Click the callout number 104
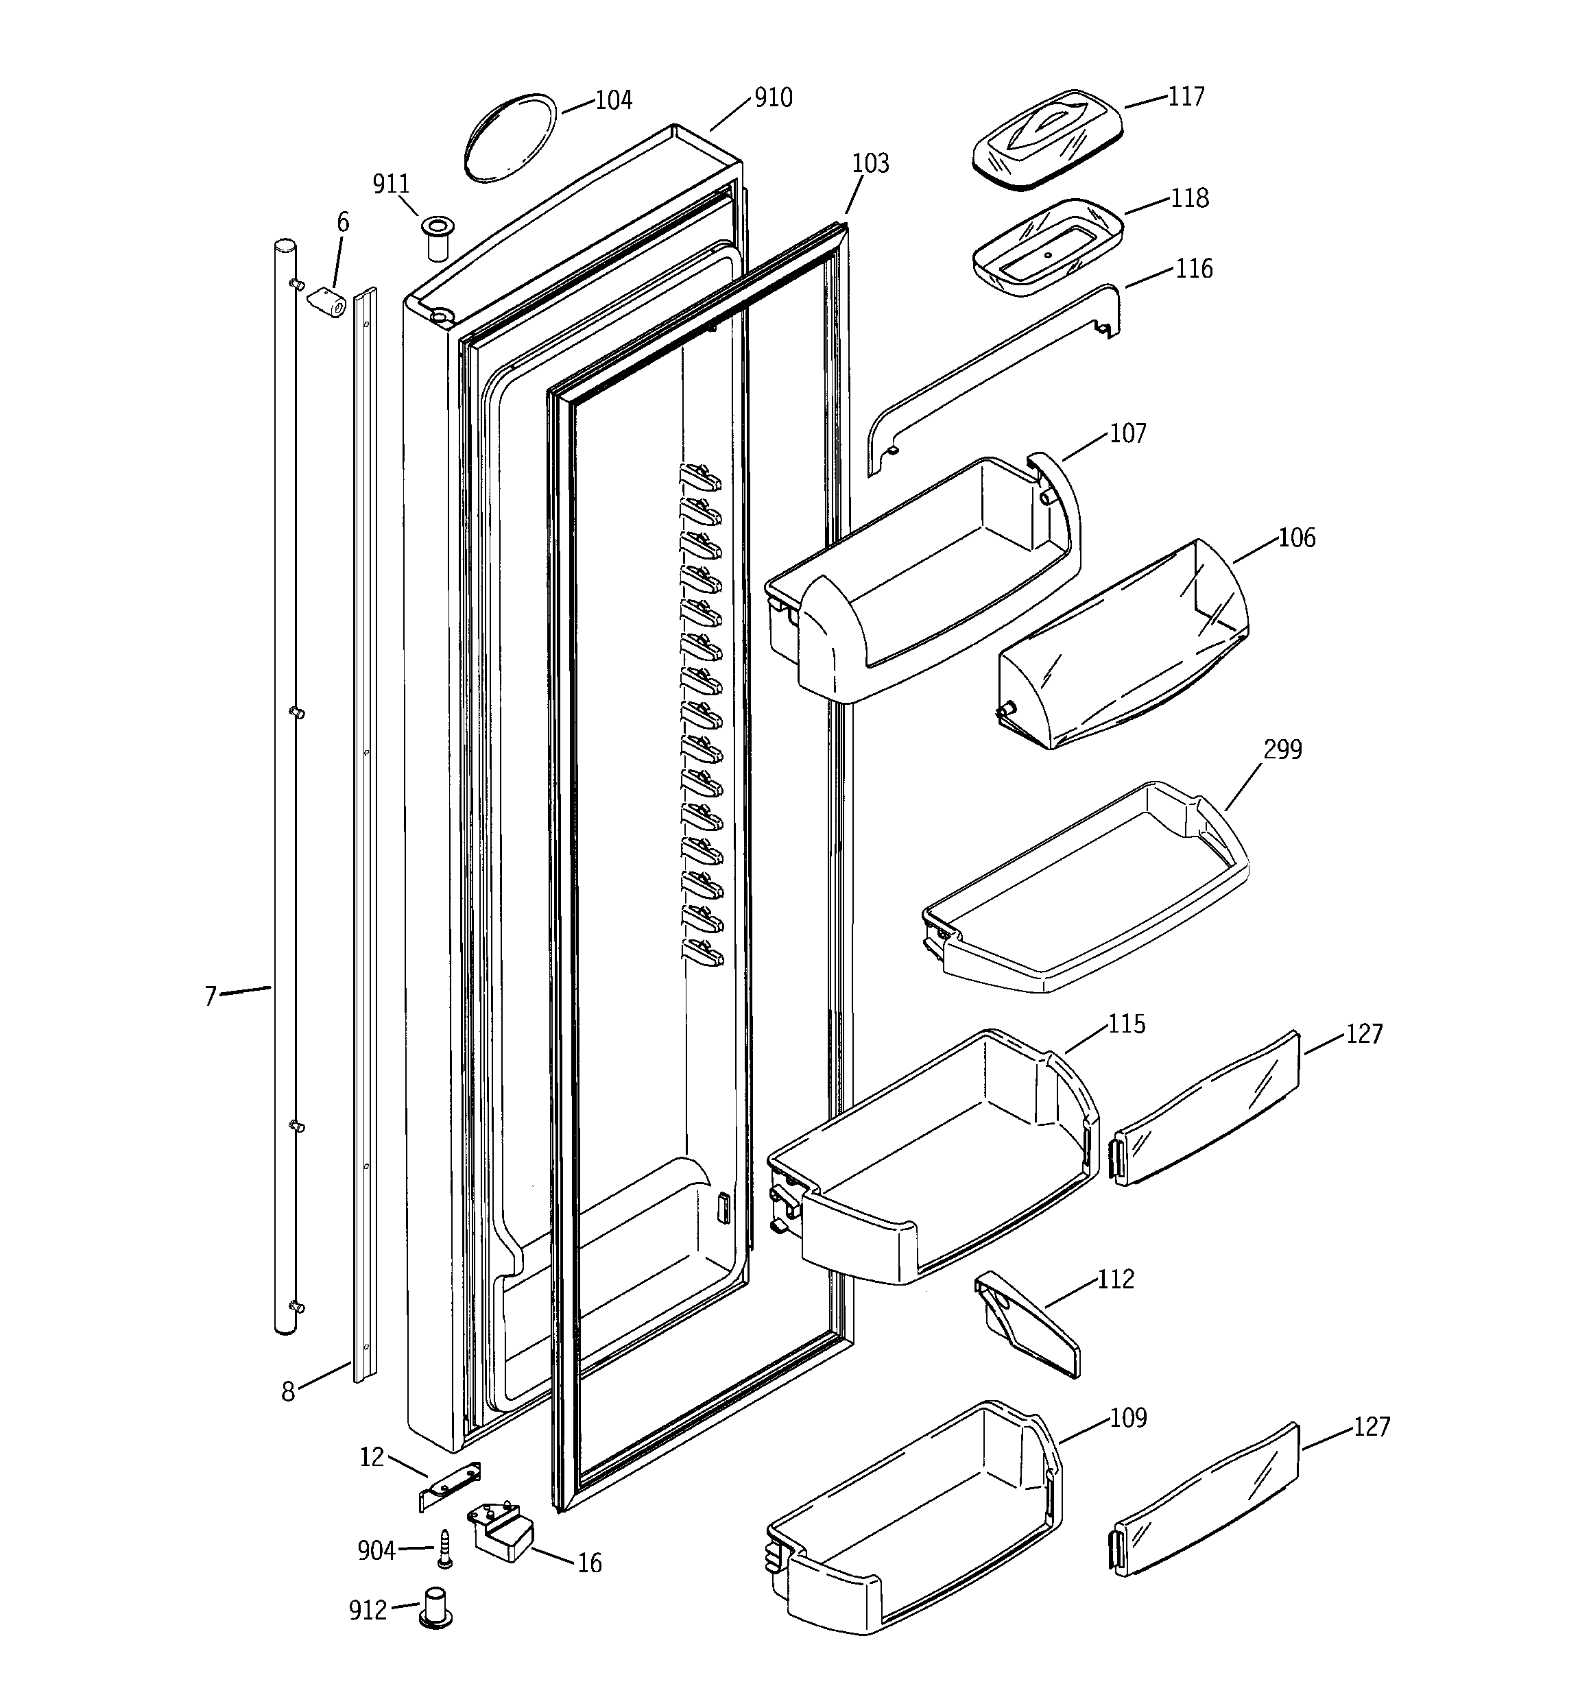[613, 100]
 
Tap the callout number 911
[391, 184]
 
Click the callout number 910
[773, 98]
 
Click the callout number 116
[1193, 269]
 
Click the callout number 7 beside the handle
[210, 996]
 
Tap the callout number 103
[870, 163]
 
